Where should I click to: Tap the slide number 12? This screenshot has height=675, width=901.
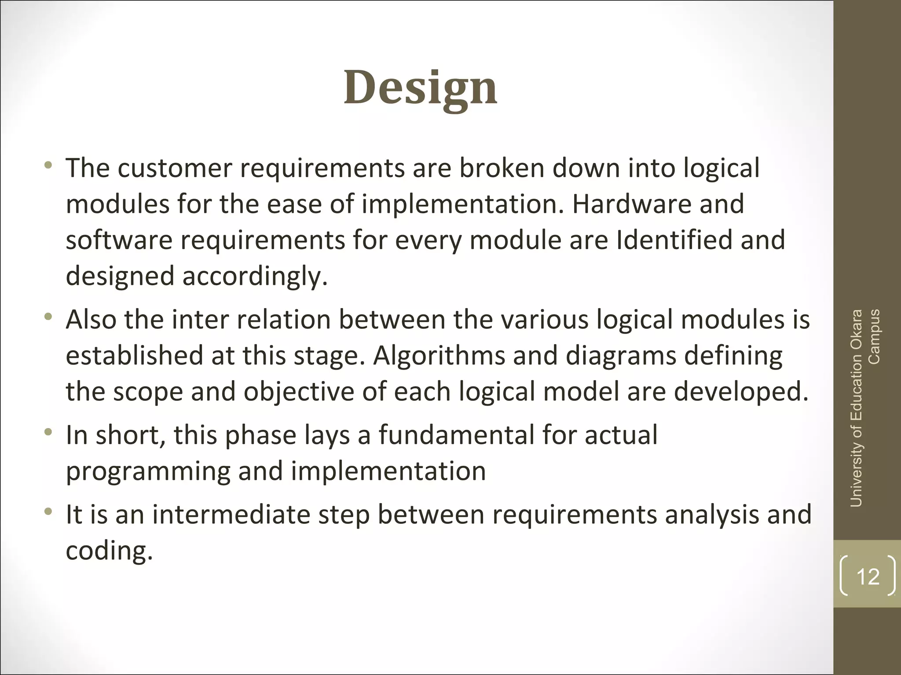[x=868, y=576]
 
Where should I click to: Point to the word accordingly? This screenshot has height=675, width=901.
[x=255, y=277]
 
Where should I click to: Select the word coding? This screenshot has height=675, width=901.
[x=109, y=551]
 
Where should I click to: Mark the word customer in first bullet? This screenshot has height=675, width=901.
[x=174, y=168]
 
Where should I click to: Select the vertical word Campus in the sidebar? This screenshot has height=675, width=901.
[x=875, y=337]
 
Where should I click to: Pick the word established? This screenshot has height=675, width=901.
[x=134, y=356]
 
